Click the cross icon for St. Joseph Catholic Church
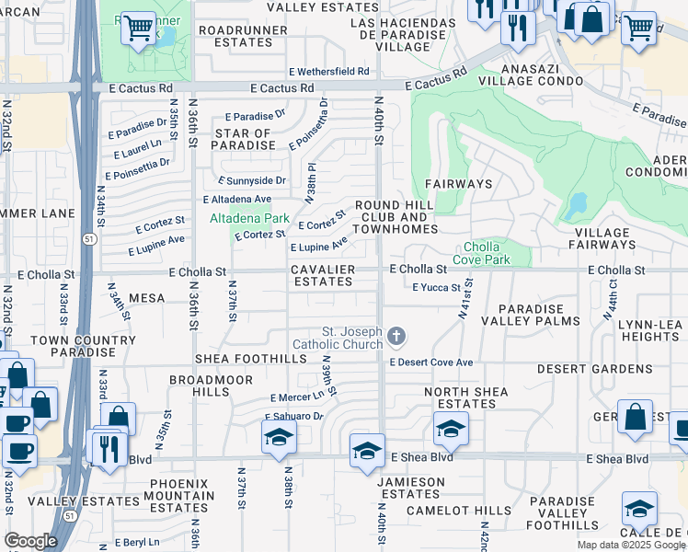point(396,338)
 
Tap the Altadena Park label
point(249,218)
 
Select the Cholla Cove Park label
point(487,253)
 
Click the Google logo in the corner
point(30,541)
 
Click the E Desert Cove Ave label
point(430,362)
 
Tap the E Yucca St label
point(436,288)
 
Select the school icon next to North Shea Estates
point(450,428)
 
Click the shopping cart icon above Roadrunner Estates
point(138,28)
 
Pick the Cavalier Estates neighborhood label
point(323,276)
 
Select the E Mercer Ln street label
point(297,397)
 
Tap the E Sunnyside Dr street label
point(251,181)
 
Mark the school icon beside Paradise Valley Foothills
point(639,509)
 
